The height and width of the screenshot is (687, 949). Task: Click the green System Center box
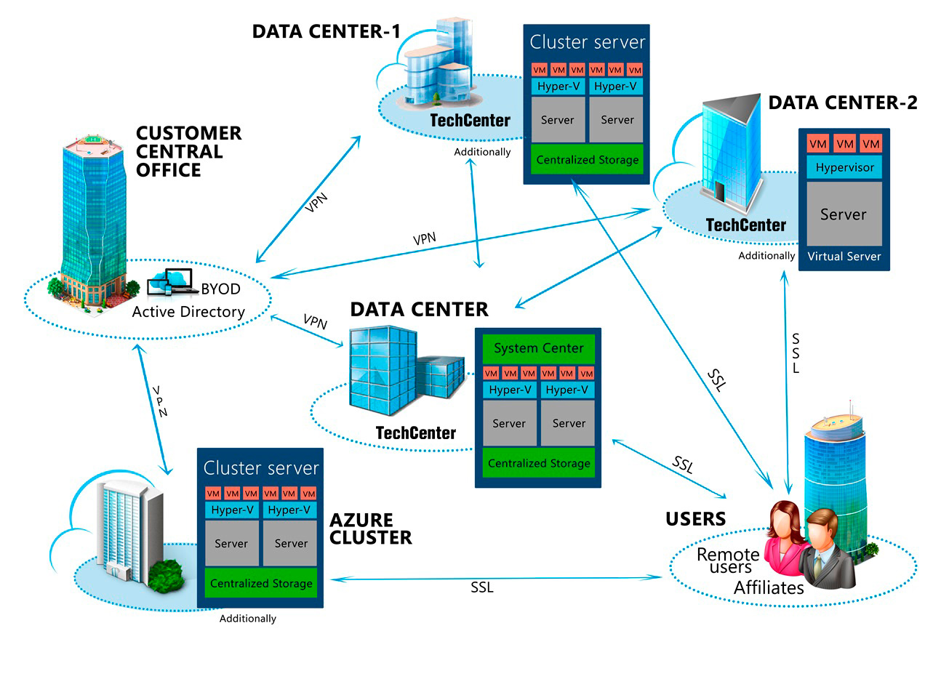pos(538,348)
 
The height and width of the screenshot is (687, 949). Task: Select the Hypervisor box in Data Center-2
pos(844,167)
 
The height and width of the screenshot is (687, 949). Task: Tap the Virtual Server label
pos(844,257)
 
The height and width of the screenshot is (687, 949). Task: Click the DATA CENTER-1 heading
pos(327,31)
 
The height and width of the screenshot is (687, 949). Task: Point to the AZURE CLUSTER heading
pos(371,529)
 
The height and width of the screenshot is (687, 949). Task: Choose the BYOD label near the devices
pos(220,289)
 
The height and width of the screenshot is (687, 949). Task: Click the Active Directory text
pos(188,312)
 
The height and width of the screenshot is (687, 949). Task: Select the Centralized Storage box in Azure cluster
pos(261,583)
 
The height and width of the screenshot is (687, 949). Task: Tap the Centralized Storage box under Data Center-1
pos(588,160)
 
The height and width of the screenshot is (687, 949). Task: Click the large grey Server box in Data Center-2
pos(844,214)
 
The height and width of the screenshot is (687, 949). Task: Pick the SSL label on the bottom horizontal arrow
pos(482,587)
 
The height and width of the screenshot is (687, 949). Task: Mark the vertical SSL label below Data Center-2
pos(796,353)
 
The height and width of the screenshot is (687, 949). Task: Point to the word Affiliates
pos(769,587)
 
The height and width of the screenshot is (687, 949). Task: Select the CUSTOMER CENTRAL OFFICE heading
pos(188,151)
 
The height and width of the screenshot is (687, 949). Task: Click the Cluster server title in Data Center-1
pos(587,42)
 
